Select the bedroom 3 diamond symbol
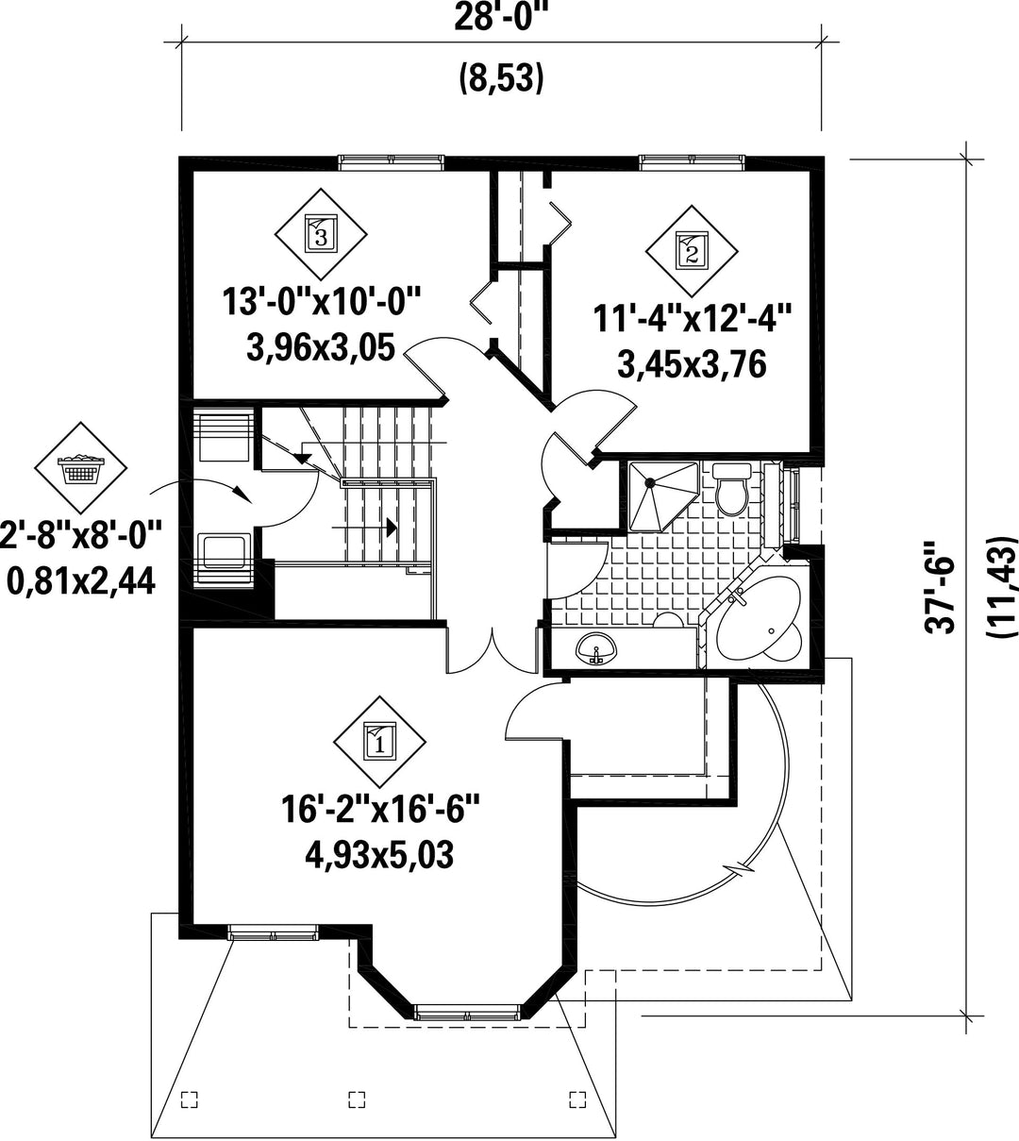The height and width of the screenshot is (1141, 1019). point(321,234)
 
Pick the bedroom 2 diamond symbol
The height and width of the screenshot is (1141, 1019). point(691,251)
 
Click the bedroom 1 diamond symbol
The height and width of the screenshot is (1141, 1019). point(379,741)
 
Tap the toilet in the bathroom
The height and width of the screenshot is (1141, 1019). point(731,488)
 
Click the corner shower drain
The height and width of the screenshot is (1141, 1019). point(650,482)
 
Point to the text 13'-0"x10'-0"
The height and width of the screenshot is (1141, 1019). point(322,302)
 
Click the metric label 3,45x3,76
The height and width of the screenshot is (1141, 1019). point(692,364)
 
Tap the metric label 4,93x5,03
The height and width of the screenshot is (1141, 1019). point(379,855)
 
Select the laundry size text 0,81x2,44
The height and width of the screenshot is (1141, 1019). point(80,581)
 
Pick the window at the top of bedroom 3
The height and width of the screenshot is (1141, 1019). point(392,162)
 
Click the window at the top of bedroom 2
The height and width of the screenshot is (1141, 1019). point(693,162)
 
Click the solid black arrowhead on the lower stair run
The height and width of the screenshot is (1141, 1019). point(392,528)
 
